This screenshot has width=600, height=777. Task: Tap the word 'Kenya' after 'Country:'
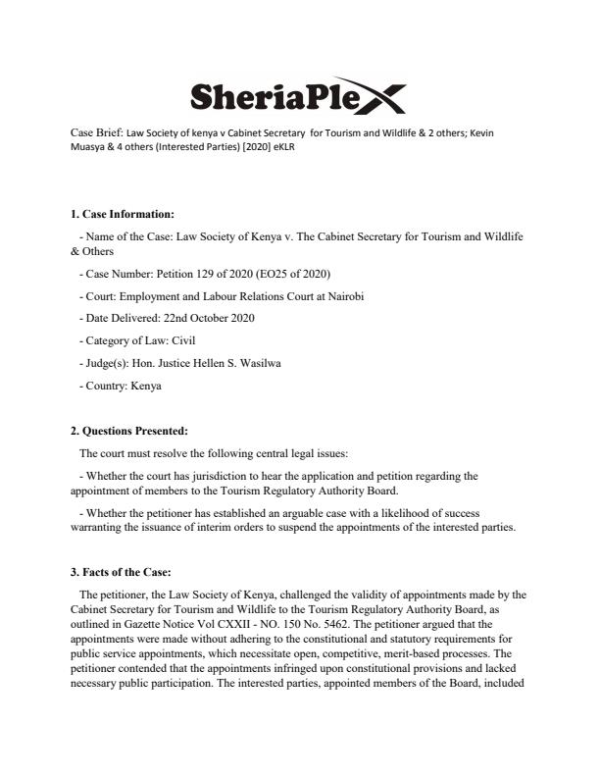tap(144, 386)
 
